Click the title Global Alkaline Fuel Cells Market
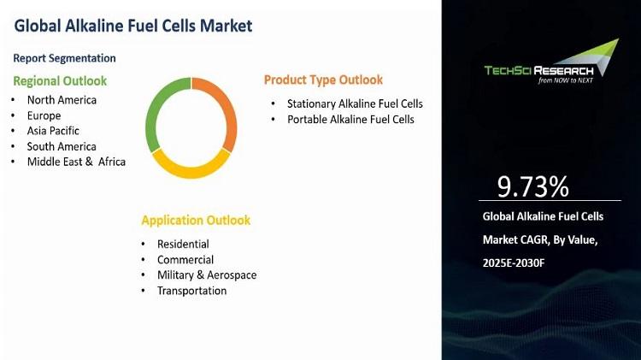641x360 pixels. point(133,26)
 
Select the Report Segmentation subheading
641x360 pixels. point(65,58)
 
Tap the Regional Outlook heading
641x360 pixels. point(60,81)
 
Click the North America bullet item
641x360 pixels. point(62,100)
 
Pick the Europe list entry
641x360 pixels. point(44,115)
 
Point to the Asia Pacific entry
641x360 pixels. point(53,131)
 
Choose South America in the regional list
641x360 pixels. point(62,146)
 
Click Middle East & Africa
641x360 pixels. point(76,162)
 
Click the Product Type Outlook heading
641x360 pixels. point(323,80)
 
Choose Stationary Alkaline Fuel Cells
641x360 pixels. point(355,104)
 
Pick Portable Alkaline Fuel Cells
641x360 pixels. point(350,120)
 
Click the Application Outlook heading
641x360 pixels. point(196,221)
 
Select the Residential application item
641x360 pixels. point(183,245)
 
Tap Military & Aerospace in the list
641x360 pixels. point(207,274)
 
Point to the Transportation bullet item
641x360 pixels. point(192,291)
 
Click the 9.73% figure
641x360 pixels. point(532,187)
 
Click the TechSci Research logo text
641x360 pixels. point(538,71)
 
